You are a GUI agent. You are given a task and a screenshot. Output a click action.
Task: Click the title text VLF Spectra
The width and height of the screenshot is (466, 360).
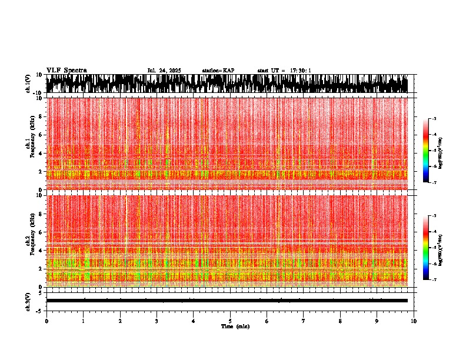pyautogui.click(x=66, y=71)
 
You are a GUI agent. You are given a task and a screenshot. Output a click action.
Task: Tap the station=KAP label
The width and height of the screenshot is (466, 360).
pyautogui.click(x=218, y=71)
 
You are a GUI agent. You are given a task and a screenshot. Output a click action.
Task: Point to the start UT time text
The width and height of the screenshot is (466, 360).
pyautogui.click(x=284, y=71)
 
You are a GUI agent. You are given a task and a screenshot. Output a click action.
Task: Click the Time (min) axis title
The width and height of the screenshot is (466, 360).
pyautogui.click(x=235, y=326)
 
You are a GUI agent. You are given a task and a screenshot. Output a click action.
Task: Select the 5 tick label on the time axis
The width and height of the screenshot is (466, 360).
pyautogui.click(x=230, y=321)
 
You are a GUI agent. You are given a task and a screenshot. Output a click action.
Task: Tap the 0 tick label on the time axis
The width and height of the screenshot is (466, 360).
pyautogui.click(x=46, y=321)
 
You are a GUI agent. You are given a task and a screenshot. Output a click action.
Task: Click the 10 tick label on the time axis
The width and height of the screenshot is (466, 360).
pyautogui.click(x=414, y=321)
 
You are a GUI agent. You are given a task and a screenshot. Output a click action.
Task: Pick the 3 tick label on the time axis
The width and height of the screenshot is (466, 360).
pyautogui.click(x=157, y=321)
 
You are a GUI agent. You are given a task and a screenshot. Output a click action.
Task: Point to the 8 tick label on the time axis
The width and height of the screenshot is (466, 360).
pyautogui.click(x=340, y=321)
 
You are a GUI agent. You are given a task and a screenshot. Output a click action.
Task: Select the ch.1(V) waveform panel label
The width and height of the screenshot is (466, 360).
pyautogui.click(x=28, y=84)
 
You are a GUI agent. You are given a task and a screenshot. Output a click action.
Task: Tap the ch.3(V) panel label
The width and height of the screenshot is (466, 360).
pyautogui.click(x=28, y=301)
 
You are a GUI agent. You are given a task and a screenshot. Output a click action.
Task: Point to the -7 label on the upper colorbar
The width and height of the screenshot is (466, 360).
pyautogui.click(x=434, y=183)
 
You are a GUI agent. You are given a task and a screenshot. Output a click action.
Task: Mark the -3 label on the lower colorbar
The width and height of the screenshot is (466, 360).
pyautogui.click(x=434, y=216)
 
